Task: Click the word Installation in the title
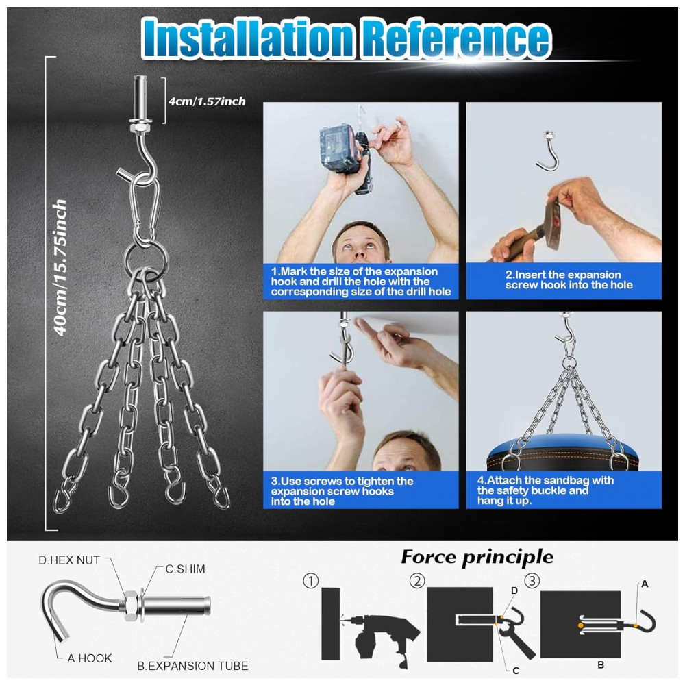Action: tap(248, 38)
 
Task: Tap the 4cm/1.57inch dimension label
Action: tap(207, 101)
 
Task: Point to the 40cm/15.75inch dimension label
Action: tap(60, 267)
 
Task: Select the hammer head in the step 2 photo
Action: tap(552, 224)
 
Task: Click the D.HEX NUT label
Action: tap(69, 560)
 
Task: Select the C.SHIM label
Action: tap(185, 569)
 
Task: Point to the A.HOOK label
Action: tap(90, 658)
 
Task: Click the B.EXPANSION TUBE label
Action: tap(192, 666)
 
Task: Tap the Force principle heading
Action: tap(477, 557)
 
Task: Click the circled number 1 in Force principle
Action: tap(310, 581)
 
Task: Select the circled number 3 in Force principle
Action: tap(532, 581)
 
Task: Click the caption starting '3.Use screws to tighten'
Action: tap(342, 491)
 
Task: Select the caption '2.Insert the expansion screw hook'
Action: tap(569, 279)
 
